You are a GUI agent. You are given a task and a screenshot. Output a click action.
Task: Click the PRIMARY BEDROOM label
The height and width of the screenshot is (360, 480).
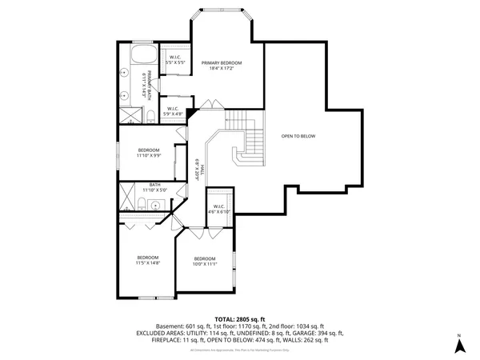click(222, 62)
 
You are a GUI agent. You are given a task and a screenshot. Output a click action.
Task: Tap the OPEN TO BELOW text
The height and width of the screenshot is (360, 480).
click(298, 136)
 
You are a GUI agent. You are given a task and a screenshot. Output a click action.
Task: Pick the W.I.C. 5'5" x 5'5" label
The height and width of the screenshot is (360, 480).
click(174, 58)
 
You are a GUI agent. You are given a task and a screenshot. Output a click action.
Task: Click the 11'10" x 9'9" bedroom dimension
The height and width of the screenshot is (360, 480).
click(149, 155)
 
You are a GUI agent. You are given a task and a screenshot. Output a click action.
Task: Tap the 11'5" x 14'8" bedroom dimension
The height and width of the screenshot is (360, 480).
click(148, 262)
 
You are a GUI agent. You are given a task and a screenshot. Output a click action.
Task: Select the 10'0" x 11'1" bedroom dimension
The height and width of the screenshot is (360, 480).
click(205, 263)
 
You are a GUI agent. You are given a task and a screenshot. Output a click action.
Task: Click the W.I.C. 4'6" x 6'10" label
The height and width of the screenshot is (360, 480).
click(218, 209)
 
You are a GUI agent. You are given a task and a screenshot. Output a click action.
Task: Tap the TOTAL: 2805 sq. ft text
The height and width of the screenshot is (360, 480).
click(240, 319)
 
